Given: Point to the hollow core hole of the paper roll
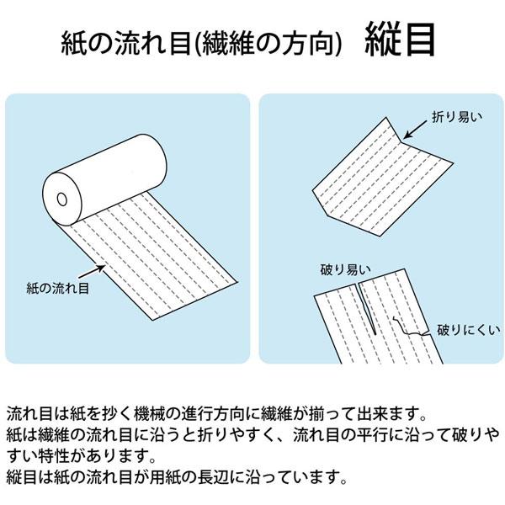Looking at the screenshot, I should click(x=62, y=200).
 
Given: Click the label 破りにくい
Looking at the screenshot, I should click(x=463, y=331).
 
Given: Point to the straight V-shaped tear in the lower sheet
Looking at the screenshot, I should click(x=359, y=311).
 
